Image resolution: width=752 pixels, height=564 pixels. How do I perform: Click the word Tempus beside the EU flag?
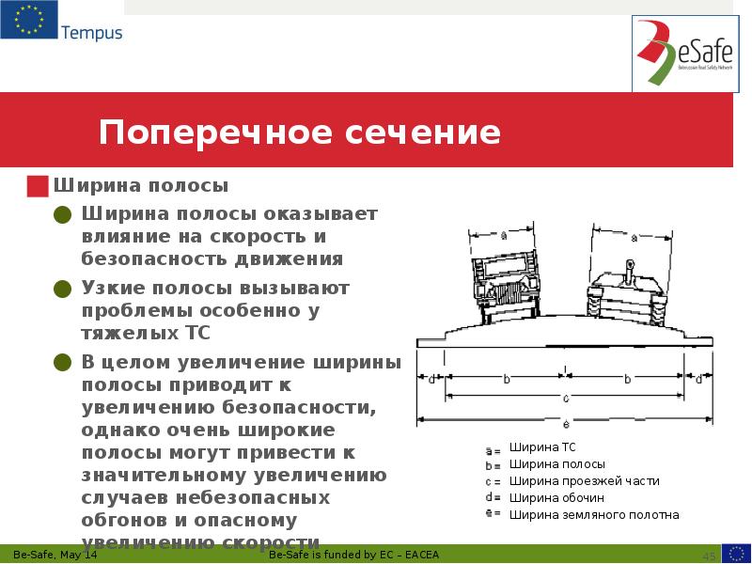[x=91, y=33]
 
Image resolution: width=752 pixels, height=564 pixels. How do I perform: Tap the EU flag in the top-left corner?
[x=28, y=20]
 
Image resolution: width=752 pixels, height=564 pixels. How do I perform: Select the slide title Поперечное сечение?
[x=300, y=133]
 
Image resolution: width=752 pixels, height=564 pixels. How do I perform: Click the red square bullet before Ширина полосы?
[x=38, y=186]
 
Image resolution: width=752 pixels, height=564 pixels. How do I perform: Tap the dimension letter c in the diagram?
[x=565, y=397]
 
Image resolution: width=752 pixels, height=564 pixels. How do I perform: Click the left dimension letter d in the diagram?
[x=431, y=380]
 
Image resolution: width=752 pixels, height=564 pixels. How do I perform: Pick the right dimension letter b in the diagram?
[x=627, y=379]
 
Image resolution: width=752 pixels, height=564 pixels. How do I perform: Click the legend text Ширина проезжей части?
[x=585, y=481]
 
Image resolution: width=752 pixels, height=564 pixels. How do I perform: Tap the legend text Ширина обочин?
[x=556, y=498]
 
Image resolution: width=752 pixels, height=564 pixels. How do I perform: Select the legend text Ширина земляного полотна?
[x=594, y=515]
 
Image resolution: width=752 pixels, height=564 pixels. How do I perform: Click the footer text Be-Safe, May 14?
[x=55, y=556]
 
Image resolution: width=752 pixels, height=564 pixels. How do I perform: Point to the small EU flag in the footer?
[x=736, y=554]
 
